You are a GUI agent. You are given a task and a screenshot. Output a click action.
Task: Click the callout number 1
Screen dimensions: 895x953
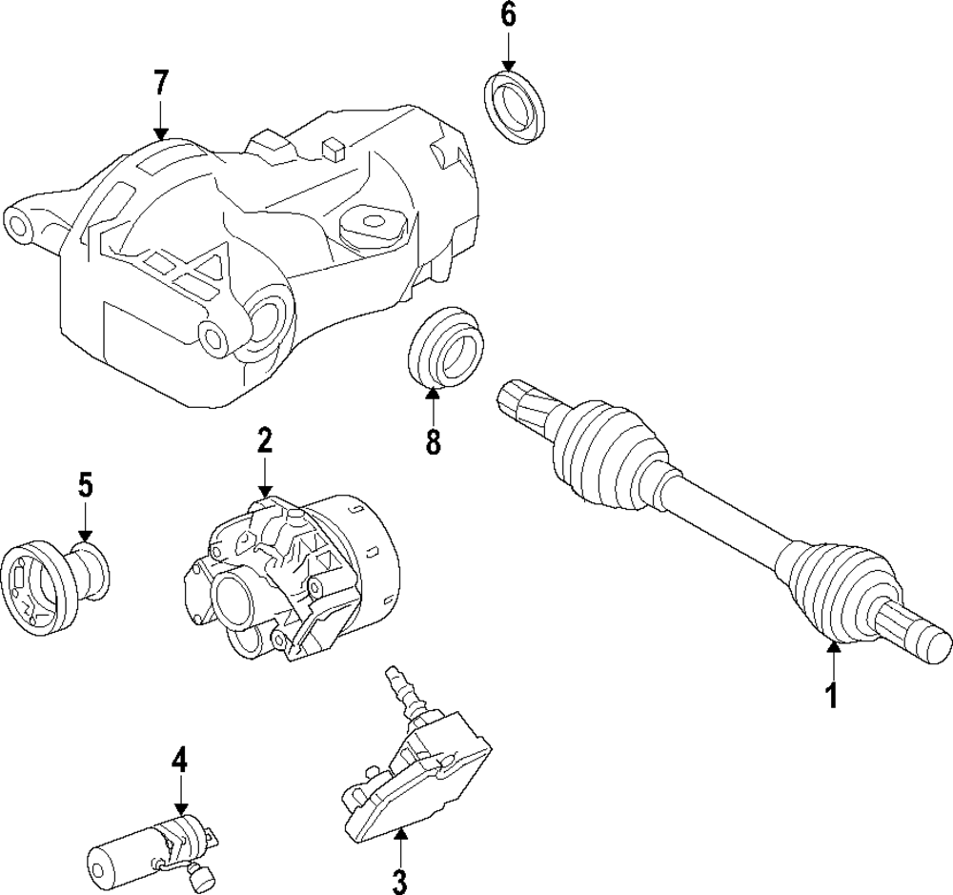831,695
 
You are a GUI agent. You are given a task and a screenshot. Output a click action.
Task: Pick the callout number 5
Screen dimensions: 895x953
85,486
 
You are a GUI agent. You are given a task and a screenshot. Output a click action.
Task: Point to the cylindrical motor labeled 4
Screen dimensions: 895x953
133,844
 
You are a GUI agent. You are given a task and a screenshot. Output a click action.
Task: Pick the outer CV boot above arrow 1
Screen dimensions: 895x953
837,591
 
